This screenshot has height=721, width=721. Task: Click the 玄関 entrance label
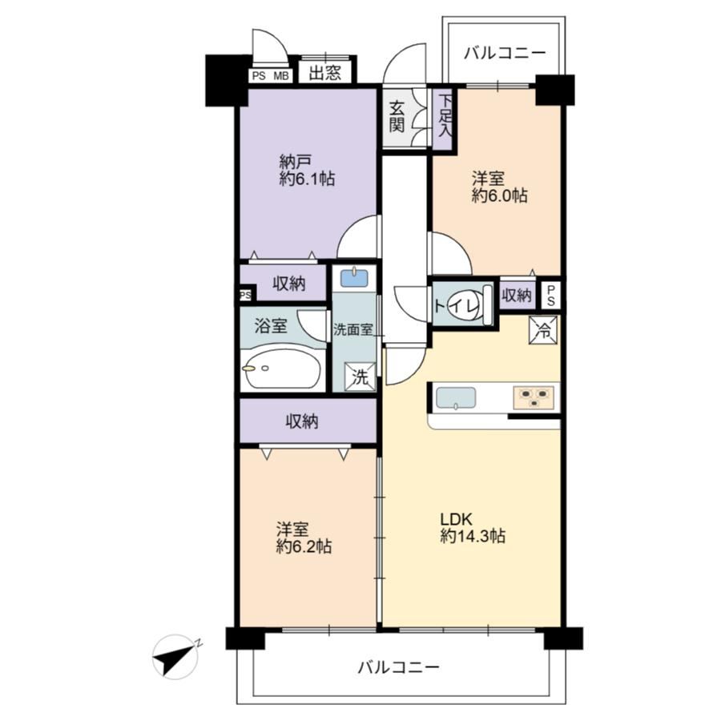[x=397, y=117]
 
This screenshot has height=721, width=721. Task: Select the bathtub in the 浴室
[x=283, y=369]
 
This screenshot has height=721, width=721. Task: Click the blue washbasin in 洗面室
[x=354, y=278]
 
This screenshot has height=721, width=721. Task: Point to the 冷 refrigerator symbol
[x=543, y=330]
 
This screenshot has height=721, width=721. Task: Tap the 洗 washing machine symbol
[x=360, y=377]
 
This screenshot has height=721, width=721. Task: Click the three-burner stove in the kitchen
[x=534, y=397]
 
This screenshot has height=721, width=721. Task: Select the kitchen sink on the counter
[x=455, y=398]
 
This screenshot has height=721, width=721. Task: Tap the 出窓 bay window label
[x=325, y=73]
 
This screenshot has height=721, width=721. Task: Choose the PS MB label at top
[x=271, y=76]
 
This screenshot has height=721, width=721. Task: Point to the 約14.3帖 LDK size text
[x=472, y=536]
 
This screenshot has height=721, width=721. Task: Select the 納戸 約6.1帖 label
[x=307, y=170]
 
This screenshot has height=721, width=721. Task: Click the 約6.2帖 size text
[x=304, y=546]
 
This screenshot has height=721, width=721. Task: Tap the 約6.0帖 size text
[x=499, y=195]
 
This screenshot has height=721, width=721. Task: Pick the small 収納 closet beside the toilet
[x=517, y=295]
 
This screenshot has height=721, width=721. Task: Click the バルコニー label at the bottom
[x=398, y=667]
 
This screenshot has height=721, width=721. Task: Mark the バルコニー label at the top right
[x=505, y=53]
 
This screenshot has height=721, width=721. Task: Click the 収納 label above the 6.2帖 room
[x=302, y=421]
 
